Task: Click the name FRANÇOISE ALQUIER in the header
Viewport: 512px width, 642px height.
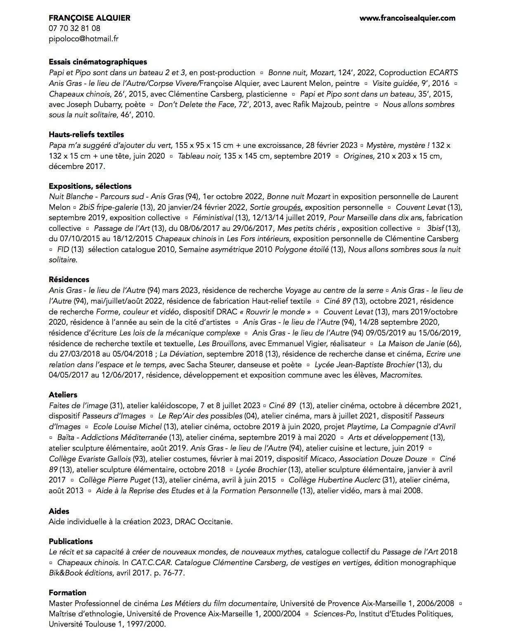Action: point(89,18)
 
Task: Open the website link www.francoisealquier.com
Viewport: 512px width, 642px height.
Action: point(407,18)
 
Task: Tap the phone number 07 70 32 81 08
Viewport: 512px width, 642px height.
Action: point(74,29)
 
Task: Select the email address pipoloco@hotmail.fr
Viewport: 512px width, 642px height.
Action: point(83,39)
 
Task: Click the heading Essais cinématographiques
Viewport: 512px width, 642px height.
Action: point(98,62)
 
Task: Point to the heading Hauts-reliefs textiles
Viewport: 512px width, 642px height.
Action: point(86,134)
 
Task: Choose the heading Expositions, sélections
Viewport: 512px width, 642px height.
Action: point(90,186)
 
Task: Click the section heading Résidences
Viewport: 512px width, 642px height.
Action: point(69,279)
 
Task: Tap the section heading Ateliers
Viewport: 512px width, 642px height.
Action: point(63,395)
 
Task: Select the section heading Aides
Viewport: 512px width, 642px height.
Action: point(59,511)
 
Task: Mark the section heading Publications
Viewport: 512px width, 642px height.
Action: point(71,541)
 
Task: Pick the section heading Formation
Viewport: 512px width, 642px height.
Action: point(67,592)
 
